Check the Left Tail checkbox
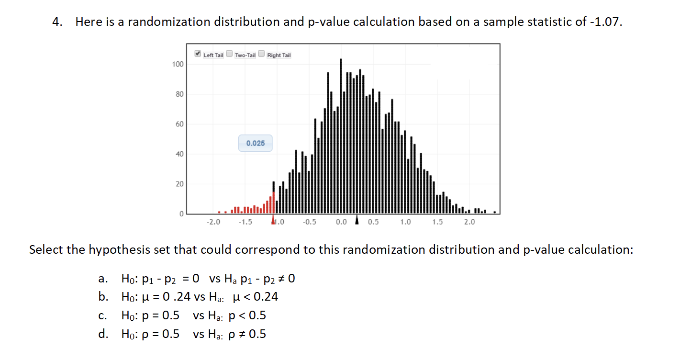[x=198, y=54]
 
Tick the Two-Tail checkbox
[x=229, y=54]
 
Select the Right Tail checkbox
[x=261, y=54]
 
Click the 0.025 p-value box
[x=255, y=143]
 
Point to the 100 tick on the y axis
[x=178, y=64]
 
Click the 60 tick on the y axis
[x=179, y=124]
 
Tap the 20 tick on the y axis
[x=179, y=184]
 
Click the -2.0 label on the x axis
[x=213, y=222]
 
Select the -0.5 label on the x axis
[x=310, y=222]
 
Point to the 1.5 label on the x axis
[x=437, y=222]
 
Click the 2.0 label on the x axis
[x=469, y=222]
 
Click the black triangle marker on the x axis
[x=357, y=220]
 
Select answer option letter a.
[x=102, y=279]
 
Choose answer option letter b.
[x=102, y=297]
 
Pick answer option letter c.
[x=102, y=315]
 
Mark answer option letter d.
[x=102, y=334]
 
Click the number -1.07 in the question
[x=607, y=22]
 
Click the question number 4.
[x=58, y=22]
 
